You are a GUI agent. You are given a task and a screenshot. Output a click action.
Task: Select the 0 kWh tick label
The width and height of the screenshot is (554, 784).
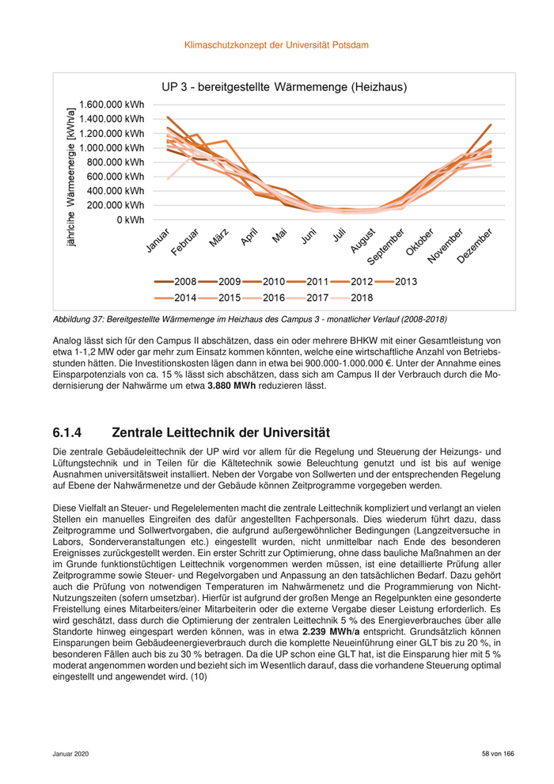point(130,219)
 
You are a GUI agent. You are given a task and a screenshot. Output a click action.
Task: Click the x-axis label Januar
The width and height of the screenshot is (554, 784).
point(157,241)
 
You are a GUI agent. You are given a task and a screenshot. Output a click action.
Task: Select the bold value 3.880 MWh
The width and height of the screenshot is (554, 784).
point(231,386)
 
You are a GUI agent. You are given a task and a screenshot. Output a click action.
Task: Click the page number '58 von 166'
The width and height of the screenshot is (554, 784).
point(498,753)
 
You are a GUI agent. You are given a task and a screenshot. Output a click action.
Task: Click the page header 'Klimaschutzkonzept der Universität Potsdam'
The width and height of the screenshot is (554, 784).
point(276,45)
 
